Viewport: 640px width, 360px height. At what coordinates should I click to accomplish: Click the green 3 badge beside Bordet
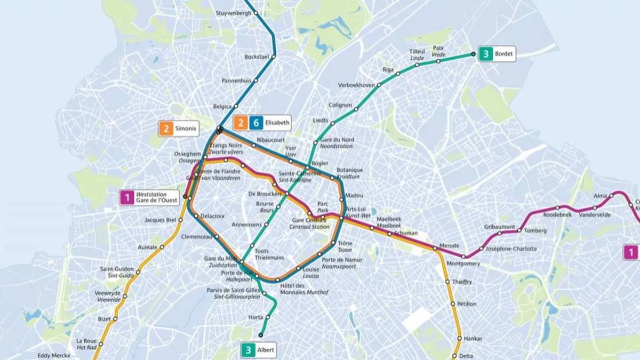tap(486, 54)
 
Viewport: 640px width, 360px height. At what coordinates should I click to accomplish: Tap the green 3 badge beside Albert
tap(247, 350)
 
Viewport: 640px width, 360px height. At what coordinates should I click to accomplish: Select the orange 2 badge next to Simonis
tap(167, 129)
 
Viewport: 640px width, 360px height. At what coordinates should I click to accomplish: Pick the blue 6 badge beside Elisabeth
tap(256, 123)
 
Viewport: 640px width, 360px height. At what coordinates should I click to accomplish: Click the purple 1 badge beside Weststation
tap(127, 197)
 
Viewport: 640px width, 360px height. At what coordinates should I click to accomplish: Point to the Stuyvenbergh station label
tap(233, 12)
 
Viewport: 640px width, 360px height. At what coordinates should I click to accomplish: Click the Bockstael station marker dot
tap(274, 56)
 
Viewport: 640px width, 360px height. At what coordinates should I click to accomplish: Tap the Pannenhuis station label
tap(236, 81)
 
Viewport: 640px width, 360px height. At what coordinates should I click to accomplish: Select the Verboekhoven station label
tap(356, 85)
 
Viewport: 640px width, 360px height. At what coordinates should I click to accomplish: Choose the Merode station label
tap(449, 245)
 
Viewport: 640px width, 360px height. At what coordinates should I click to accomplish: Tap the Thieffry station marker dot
tap(447, 282)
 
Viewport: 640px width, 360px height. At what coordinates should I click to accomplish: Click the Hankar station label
tap(473, 338)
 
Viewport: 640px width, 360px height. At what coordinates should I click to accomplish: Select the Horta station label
tap(256, 317)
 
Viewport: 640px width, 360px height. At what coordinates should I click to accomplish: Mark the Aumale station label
tap(148, 247)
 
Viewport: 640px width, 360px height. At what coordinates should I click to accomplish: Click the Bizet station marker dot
tap(114, 319)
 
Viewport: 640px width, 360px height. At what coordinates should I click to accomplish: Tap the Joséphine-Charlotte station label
tap(511, 249)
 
